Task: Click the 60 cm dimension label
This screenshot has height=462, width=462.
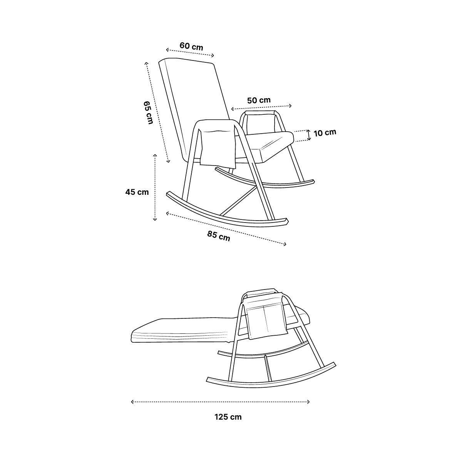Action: (x=191, y=46)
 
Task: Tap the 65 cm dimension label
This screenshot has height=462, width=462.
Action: (x=148, y=112)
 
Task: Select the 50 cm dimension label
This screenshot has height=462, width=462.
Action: (x=259, y=100)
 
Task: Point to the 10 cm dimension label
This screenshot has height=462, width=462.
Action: (x=325, y=132)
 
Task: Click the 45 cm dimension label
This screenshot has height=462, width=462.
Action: (x=137, y=192)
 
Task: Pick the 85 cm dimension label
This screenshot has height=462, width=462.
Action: (x=219, y=236)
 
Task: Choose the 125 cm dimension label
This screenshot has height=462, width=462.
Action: (x=228, y=417)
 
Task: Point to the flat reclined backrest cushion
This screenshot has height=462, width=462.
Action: (x=182, y=330)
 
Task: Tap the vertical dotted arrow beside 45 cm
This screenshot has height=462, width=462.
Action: (x=155, y=187)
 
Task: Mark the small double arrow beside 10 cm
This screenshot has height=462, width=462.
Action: (x=309, y=135)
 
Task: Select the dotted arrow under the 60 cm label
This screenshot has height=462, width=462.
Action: (x=190, y=53)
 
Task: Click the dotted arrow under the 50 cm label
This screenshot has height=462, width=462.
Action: (x=261, y=107)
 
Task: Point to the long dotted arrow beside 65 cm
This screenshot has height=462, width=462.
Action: (x=157, y=112)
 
